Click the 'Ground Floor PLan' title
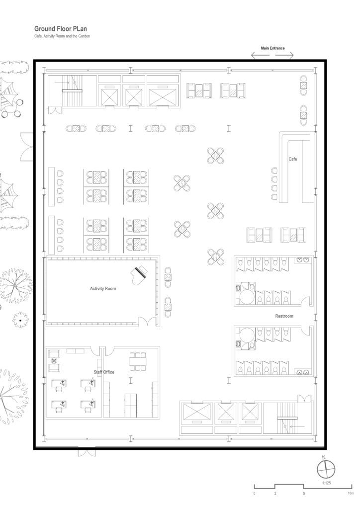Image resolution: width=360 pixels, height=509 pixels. pos(61,29)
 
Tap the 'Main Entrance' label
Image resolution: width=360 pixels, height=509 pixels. pos(272,48)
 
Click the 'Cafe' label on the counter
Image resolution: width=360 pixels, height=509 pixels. pos(293,159)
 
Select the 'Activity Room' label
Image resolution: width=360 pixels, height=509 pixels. pos(103,289)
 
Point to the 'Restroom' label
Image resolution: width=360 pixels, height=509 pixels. pos(284,316)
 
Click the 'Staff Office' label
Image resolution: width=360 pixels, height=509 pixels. pos(104,372)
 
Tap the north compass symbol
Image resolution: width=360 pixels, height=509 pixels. pos(326,469)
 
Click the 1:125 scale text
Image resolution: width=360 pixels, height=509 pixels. pos(327,483)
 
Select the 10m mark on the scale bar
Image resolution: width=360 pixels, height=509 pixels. pos(351,494)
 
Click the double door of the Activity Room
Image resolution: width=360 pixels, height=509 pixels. pos(148,322)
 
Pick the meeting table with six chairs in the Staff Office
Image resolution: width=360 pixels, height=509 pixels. pos(138,361)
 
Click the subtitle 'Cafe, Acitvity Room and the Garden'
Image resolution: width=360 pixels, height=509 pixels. pos(62,36)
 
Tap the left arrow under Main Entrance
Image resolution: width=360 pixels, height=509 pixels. pos(261,55)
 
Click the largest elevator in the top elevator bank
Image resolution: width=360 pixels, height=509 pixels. pos(163,95)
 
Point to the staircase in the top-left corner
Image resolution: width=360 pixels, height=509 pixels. pos(72,90)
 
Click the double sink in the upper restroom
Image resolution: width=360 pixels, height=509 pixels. pos(303,260)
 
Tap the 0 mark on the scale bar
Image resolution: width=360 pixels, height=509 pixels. pos(254,494)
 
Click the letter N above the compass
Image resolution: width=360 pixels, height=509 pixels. pos(324,458)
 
